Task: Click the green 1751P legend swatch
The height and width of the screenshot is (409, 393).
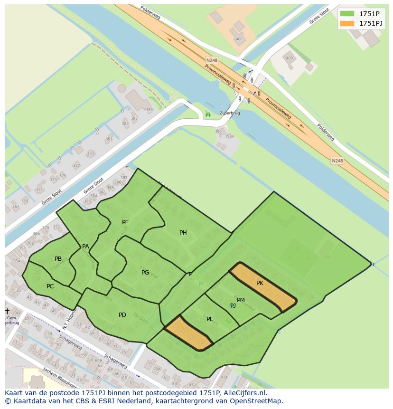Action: coord(347,13)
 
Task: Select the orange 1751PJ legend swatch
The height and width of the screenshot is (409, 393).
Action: coord(347,23)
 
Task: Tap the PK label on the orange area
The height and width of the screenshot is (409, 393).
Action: coord(260,283)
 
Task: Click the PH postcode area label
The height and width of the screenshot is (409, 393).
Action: coord(183,233)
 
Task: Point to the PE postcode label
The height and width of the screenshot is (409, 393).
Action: coord(125,222)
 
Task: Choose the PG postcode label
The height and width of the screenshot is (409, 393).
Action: coord(145,273)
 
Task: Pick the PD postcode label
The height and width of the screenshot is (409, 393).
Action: coord(122,315)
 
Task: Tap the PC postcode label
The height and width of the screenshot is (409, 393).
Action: coord(50,286)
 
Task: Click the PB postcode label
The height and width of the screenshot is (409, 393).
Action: coord(58,259)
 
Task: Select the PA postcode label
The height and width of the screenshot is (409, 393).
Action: coord(85,247)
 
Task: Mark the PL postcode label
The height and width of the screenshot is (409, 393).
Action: coord(209,319)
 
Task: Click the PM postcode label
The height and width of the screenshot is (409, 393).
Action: coord(241,300)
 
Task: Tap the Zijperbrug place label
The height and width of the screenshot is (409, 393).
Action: coord(229,114)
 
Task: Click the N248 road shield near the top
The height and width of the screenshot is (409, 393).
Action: coord(212,60)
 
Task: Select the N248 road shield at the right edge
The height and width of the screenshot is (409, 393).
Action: coord(337,161)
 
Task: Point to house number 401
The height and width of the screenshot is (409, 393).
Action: coord(239,39)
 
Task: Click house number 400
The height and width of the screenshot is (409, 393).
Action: coord(289,58)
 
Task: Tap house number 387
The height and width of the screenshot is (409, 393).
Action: coord(150,110)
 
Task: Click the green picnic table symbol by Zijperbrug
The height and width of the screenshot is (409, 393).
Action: coord(207,114)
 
